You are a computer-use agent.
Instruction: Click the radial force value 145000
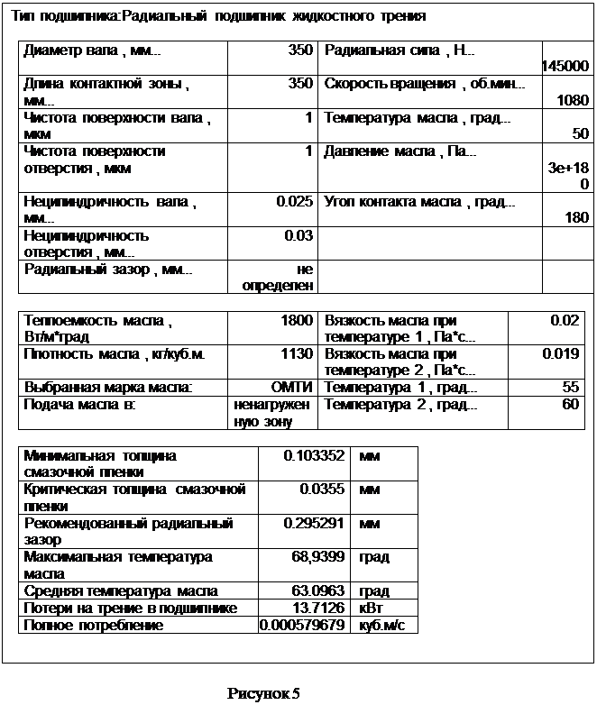click(x=565, y=66)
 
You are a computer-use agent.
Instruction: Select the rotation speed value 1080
click(x=574, y=100)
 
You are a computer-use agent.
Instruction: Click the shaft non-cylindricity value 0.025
click(x=294, y=202)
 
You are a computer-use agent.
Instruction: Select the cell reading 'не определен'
click(x=285, y=278)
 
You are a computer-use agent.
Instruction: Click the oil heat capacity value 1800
click(x=297, y=320)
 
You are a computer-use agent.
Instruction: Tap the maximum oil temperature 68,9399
click(x=318, y=557)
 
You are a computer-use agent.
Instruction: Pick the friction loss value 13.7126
click(x=319, y=609)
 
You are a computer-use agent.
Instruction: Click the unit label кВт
click(x=371, y=609)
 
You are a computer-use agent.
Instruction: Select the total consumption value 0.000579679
click(x=303, y=625)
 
